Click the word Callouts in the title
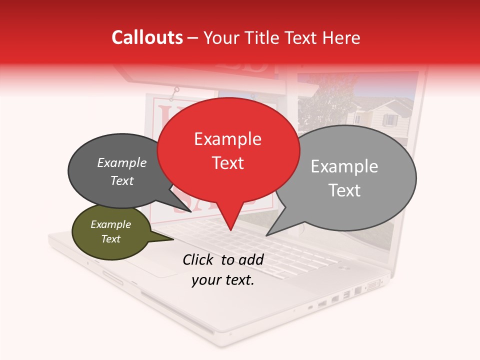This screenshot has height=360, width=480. point(147,37)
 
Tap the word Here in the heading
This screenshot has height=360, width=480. point(342,38)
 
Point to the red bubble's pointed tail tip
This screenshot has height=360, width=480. point(230,230)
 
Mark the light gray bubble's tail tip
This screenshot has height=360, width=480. point(266,235)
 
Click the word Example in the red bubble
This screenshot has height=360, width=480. point(227,139)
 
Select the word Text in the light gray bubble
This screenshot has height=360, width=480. point(344,190)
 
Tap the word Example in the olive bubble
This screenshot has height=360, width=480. point(110,224)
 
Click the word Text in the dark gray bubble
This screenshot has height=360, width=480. point(122,180)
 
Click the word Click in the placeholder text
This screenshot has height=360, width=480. point(199,259)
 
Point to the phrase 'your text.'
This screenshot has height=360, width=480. point(223,280)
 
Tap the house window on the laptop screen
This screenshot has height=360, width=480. point(389,120)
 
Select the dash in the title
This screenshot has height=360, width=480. point(193,38)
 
